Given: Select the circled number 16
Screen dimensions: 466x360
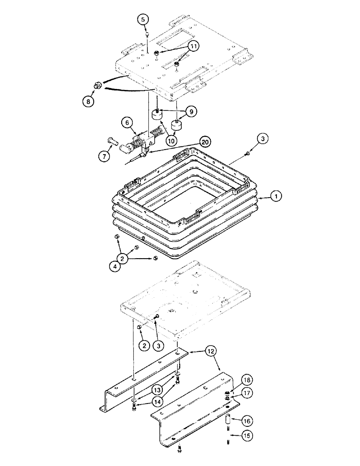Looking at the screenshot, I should coord(248,421).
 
